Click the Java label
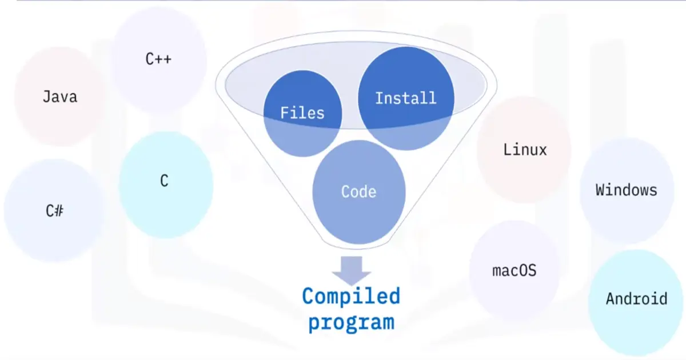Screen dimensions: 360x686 coord(59,97)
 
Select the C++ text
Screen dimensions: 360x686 coord(158,59)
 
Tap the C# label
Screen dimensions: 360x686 coord(55,211)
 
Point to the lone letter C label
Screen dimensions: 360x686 coord(164,181)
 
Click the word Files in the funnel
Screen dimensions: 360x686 coord(302,113)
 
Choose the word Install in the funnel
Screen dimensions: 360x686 coord(405,98)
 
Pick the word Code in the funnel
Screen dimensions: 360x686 coord(358,191)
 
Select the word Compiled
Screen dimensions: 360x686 coord(351,296)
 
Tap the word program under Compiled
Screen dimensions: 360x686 coord(351,321)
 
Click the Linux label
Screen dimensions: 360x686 coord(525,150)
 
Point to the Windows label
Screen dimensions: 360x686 coord(627,190)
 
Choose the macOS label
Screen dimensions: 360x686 coord(514,270)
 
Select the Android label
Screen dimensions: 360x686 coord(636,298)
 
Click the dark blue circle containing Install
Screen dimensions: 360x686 coord(406,71)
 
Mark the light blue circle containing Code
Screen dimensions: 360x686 coord(358,220)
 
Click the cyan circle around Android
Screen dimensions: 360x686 coord(636,331)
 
